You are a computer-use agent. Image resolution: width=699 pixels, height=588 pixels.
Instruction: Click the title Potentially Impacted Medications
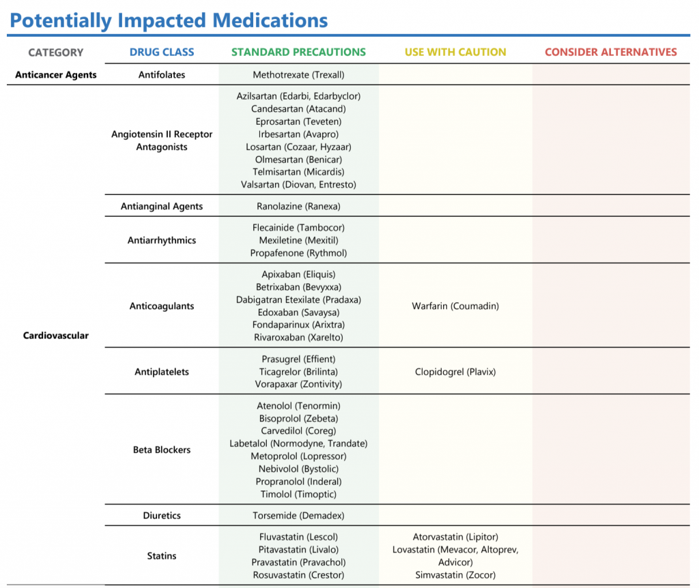coord(169,20)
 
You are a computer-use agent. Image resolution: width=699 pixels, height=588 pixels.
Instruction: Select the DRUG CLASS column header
coord(162,52)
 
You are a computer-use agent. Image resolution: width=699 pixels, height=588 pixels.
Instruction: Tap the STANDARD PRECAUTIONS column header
coord(298,52)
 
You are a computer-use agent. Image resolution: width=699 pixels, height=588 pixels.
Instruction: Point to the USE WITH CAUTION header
coord(455,52)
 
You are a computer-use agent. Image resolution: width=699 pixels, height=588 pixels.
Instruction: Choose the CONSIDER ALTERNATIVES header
coord(611,52)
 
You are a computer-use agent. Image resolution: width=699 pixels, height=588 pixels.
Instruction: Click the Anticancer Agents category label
coord(56,75)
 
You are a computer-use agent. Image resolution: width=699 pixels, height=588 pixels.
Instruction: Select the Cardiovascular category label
coord(56,336)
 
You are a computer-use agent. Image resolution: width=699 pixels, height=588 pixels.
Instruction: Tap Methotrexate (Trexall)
coord(298,75)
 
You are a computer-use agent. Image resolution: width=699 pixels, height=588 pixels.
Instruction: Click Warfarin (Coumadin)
coord(455,306)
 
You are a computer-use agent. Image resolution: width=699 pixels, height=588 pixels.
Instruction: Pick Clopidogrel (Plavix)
coord(455,372)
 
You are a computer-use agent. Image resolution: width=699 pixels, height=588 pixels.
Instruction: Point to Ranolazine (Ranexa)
coord(298,206)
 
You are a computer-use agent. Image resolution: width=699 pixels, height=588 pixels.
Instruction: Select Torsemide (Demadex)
coord(298,516)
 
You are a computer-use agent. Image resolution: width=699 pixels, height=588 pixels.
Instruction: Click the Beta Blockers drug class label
coord(162,450)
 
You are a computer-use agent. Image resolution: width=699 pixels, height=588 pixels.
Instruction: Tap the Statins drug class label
coord(162,556)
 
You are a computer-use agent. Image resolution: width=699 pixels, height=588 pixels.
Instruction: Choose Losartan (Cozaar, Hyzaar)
coord(298,147)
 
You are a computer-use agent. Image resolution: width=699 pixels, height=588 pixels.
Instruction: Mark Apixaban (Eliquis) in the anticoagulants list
coord(298,274)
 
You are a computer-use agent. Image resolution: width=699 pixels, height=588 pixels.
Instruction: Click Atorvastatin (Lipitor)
coord(455,538)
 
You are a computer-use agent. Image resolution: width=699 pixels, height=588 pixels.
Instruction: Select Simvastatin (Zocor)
coord(455,575)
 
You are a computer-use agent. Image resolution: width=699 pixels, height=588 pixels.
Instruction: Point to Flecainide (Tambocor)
coord(298,228)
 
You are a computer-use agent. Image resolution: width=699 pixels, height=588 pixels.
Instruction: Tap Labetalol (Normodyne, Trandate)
coord(298,443)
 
